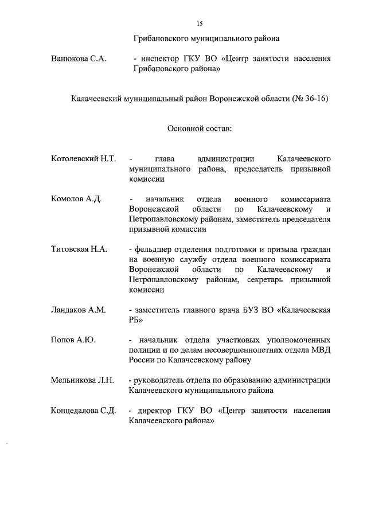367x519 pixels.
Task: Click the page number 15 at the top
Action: pos(200,23)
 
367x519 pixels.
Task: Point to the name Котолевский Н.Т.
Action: pos(84,158)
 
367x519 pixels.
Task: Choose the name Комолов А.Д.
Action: pos(76,198)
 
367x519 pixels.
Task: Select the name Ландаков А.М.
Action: pos(79,310)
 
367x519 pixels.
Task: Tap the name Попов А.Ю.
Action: pos(73,340)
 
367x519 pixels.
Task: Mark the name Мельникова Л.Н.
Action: pos(83,380)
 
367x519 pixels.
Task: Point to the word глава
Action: pos(165,158)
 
